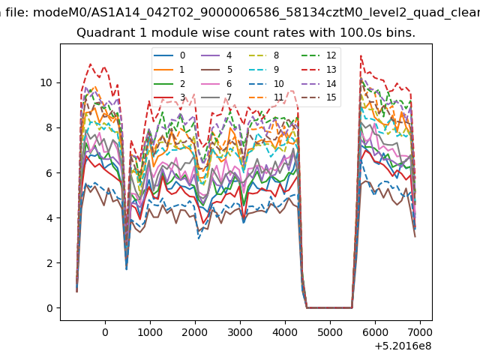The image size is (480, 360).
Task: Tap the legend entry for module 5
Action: [x=217, y=70]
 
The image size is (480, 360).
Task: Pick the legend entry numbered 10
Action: [x=266, y=83]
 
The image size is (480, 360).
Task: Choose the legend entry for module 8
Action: [x=264, y=55]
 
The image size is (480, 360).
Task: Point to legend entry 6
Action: [x=217, y=83]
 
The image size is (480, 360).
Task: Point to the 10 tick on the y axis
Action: [x=46, y=82]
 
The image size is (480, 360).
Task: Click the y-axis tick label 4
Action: [x=49, y=218]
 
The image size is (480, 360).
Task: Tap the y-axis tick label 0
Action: [x=49, y=308]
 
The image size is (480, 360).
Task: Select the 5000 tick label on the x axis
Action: [x=330, y=332]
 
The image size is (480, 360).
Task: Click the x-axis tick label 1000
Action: [x=150, y=332]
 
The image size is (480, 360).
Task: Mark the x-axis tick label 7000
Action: [x=420, y=332]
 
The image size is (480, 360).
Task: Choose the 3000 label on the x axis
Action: [x=240, y=332]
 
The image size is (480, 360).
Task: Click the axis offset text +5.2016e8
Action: [x=403, y=346]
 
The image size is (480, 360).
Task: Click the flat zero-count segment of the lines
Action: [x=329, y=307]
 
